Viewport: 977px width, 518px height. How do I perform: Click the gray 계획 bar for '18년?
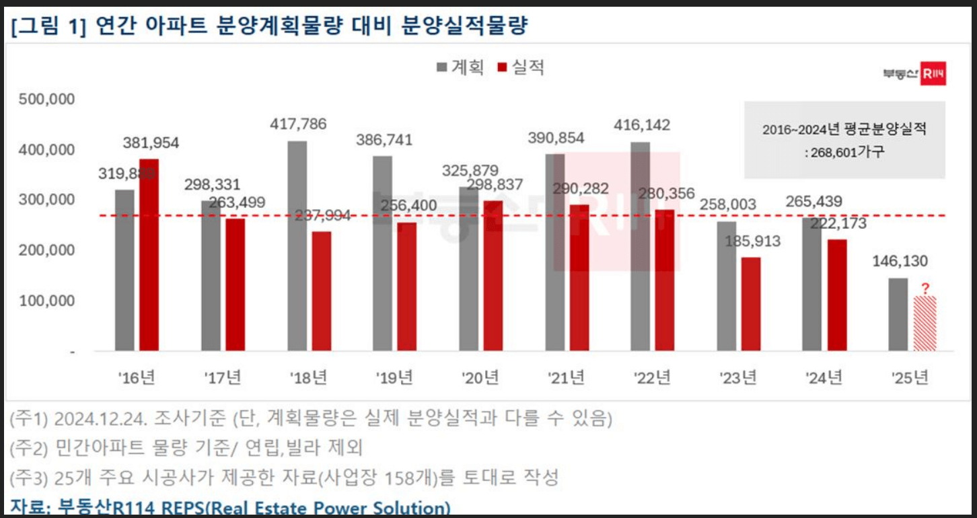(297, 246)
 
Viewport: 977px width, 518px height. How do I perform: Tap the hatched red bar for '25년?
(925, 323)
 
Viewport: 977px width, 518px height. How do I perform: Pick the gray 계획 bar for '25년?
(898, 314)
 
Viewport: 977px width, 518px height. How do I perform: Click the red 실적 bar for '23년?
(751, 303)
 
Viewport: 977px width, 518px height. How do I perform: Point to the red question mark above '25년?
(925, 289)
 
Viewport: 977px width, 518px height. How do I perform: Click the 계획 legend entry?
(460, 68)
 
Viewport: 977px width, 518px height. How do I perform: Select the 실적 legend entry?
(521, 68)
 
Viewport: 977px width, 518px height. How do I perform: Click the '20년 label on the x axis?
(480, 378)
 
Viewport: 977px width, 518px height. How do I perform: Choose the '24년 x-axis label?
(824, 378)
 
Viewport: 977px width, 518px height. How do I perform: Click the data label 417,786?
(298, 124)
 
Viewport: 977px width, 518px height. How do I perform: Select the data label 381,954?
(151, 143)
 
